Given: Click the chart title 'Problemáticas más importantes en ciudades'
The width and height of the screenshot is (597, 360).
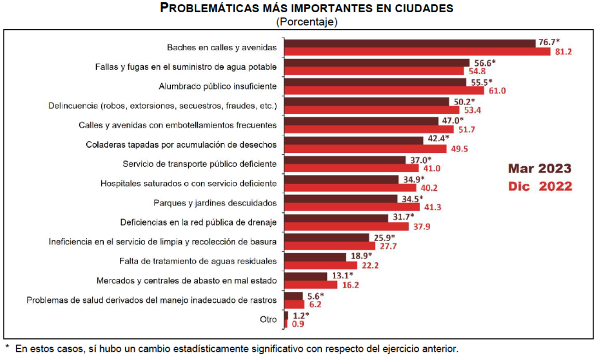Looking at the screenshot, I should point(306,8).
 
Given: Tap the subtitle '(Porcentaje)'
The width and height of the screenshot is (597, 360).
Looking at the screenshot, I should point(307,22).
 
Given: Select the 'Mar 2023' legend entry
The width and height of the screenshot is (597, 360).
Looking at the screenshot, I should point(539,169).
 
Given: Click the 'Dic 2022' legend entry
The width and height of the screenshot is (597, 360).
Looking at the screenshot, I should point(539,187).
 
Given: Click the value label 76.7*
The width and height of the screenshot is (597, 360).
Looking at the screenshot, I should point(549,42).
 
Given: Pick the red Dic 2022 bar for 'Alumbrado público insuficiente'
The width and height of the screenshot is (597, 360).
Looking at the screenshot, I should point(385,90).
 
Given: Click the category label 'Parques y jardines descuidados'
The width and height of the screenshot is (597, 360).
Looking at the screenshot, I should point(215,203).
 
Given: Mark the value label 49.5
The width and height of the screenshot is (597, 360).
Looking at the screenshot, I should point(458,149).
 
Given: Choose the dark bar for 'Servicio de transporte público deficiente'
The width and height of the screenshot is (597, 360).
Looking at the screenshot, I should point(345,160).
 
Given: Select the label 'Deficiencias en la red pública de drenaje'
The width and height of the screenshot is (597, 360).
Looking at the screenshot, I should point(198,222).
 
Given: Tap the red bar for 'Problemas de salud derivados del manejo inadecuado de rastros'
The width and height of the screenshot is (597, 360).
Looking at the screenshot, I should point(294,304).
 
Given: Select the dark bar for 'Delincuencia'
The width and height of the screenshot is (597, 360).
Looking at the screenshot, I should point(366,102).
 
